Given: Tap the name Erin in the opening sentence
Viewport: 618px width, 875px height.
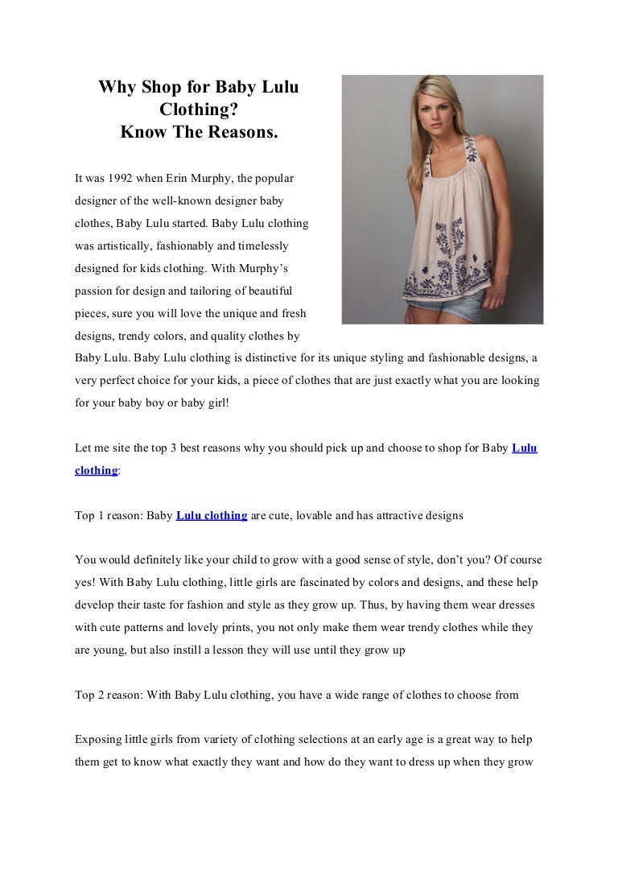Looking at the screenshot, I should (173, 175).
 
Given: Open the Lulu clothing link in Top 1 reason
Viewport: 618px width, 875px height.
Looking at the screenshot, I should (211, 515).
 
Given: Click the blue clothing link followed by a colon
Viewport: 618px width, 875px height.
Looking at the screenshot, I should (96, 470).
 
